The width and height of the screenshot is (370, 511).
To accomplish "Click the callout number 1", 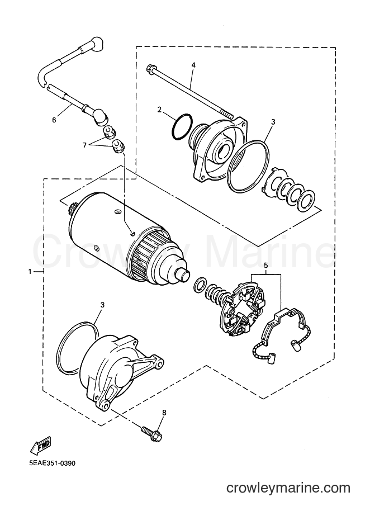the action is [x=30, y=272].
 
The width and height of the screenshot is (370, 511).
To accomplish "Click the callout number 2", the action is [x=159, y=110].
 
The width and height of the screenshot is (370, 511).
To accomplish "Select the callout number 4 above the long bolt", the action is [x=193, y=65].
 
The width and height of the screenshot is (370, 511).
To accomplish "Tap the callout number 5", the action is [x=266, y=266].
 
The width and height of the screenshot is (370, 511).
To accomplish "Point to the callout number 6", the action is [x=54, y=120].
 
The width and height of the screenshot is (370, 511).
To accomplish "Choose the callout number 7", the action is [x=84, y=145].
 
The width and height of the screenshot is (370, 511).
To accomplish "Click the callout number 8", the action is [x=164, y=413].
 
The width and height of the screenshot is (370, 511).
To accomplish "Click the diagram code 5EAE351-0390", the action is [x=52, y=463].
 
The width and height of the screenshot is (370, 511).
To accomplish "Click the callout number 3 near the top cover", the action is [x=273, y=122].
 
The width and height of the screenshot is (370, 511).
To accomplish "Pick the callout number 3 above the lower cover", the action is [x=102, y=305].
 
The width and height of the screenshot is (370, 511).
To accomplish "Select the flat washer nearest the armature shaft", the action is [x=200, y=284].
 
